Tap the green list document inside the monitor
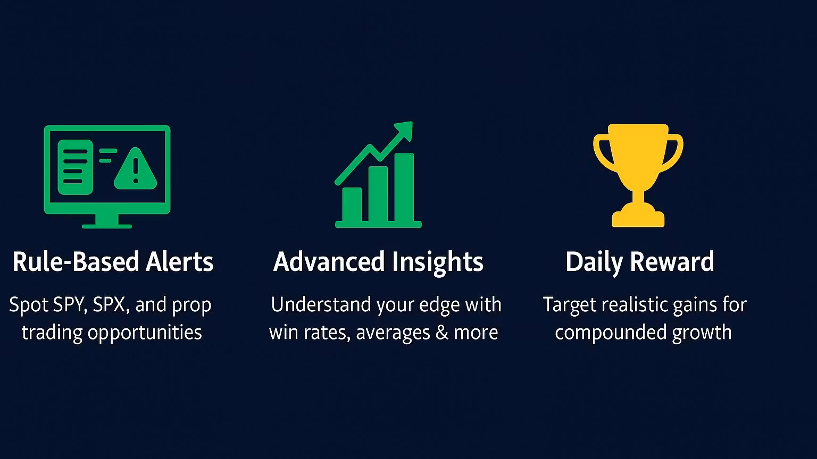(x=76, y=167)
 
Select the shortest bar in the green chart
(x=352, y=205)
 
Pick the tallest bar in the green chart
(x=404, y=187)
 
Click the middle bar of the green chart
(x=378, y=194)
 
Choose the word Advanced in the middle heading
(x=329, y=261)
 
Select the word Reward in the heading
(x=672, y=261)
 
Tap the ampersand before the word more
(x=441, y=333)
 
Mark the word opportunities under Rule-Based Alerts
(x=145, y=333)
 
